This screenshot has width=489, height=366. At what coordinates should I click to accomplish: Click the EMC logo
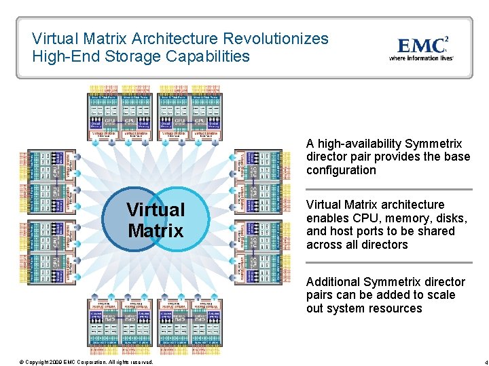click(x=422, y=45)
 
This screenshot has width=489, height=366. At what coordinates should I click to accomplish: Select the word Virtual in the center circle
click(x=156, y=210)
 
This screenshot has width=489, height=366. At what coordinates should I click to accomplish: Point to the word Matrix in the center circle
click(x=156, y=230)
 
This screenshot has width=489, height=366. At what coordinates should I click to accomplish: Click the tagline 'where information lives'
click(x=421, y=58)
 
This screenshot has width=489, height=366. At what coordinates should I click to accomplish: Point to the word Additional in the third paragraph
click(x=333, y=282)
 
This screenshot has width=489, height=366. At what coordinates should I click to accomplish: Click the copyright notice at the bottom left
click(x=86, y=361)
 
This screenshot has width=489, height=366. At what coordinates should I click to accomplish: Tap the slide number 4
click(x=477, y=361)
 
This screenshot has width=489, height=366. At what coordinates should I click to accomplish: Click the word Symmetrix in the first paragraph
click(x=433, y=144)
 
